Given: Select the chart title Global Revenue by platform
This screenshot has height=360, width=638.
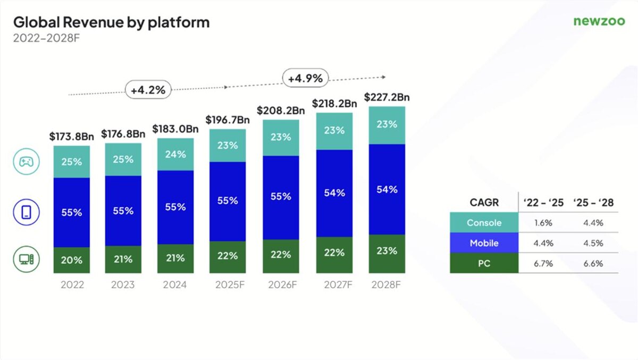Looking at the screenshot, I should tap(111, 22).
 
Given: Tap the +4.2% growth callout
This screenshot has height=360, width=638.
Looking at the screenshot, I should tap(148, 90).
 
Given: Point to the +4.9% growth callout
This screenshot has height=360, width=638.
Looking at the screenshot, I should tap(305, 78).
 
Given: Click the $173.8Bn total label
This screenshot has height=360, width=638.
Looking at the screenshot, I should tap(72, 137).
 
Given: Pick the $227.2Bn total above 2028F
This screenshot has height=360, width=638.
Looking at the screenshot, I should tap(387, 97).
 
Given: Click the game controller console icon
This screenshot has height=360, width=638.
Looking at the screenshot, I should tap(26, 163).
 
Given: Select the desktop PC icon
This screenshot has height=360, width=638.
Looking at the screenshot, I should tap(26, 259).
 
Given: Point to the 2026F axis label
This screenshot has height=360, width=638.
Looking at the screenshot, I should tap(280, 285).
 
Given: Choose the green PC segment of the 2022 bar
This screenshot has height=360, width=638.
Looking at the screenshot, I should tap(72, 260).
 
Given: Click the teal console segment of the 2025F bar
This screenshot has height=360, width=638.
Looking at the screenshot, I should tap(228, 145).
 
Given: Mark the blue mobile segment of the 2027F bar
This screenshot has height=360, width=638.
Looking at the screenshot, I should tap(334, 193).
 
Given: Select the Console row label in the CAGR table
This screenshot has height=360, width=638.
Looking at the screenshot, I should tap(484, 223).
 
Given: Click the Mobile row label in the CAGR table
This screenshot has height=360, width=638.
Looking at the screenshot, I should tap(484, 243).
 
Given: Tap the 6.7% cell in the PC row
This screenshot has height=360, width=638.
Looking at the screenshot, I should tap(543, 263).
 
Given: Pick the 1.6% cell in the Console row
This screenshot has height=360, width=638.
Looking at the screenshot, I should tap(543, 223).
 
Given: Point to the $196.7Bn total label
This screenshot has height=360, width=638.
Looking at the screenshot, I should tap(228, 120).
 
